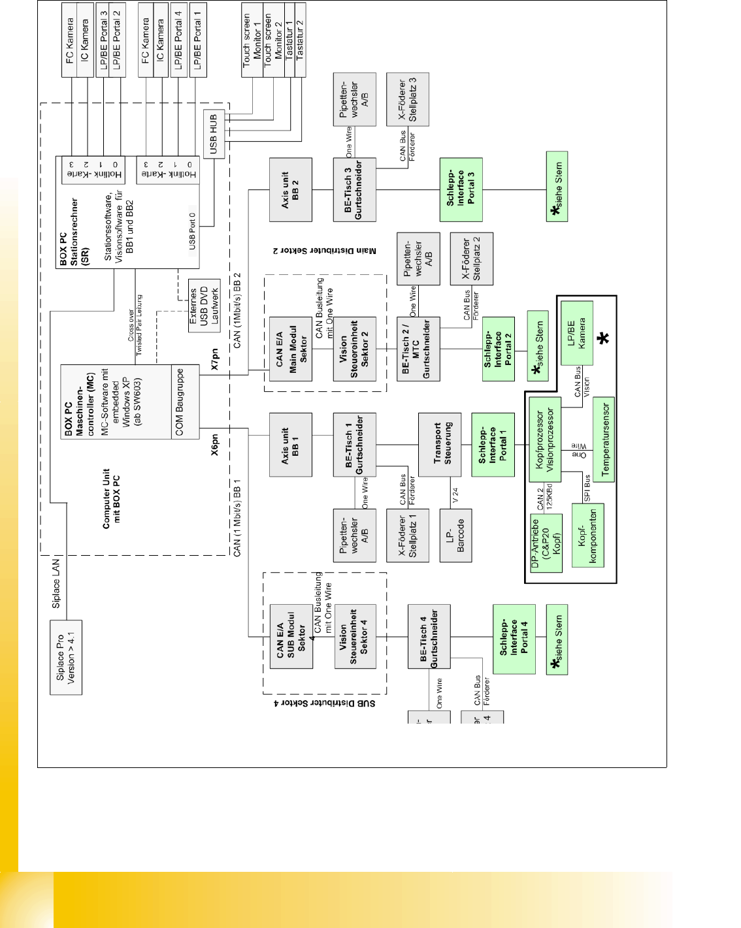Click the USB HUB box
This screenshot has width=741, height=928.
(x=214, y=135)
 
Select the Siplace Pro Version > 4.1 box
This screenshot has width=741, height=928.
(x=66, y=658)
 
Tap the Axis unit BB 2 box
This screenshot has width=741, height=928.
(x=290, y=190)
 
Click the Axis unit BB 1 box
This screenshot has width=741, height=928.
(x=290, y=445)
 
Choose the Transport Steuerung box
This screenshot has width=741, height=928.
(x=439, y=445)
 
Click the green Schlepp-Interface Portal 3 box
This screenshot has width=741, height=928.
(x=461, y=189)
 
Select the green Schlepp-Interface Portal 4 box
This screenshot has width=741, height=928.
(x=514, y=639)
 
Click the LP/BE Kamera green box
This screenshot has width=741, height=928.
(x=576, y=332)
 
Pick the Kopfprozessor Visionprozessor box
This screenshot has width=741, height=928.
(x=545, y=440)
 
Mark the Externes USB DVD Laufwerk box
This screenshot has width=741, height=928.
(x=204, y=306)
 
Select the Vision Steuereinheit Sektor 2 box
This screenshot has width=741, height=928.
(x=354, y=349)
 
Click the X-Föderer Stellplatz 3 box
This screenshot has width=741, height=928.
(x=407, y=99)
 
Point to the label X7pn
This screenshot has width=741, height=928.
(x=215, y=359)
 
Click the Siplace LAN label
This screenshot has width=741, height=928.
(x=56, y=583)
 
